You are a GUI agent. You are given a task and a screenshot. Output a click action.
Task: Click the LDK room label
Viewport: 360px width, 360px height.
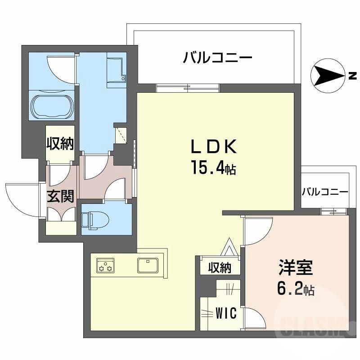(x=213, y=147)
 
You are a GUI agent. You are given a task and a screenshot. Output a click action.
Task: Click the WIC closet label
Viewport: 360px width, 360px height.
(x=225, y=314)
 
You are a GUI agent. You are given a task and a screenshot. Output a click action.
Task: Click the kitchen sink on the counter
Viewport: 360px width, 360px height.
(x=148, y=265)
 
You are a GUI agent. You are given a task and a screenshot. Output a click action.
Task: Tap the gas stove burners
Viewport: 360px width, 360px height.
(x=105, y=266)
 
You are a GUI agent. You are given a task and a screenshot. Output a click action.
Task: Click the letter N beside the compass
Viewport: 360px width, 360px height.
(x=352, y=75)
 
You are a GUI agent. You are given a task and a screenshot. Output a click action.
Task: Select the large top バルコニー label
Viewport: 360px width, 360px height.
(x=217, y=58)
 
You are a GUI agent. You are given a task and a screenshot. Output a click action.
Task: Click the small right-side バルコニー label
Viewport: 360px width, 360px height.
(x=325, y=192)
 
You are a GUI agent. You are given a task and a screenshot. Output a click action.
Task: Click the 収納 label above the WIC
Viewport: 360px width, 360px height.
(x=220, y=268)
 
